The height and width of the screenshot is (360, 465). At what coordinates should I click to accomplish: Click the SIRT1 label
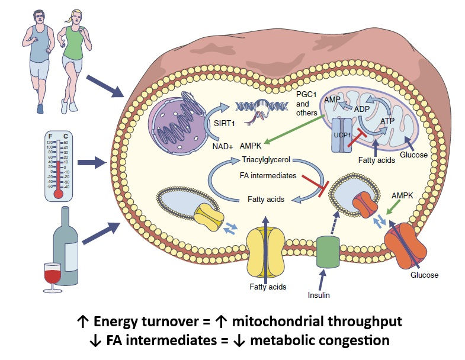[x=224, y=123]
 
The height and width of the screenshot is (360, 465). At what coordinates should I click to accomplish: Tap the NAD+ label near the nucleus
[x=223, y=146]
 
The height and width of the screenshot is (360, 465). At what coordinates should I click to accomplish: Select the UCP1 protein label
[x=342, y=135]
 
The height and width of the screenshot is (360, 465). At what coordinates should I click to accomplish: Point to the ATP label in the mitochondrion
[x=387, y=121]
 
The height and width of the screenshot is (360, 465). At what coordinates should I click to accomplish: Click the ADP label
[x=362, y=109]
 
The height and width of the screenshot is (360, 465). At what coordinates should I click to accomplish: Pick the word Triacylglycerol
[x=266, y=160]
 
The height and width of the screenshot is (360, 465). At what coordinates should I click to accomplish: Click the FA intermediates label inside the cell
[x=268, y=175]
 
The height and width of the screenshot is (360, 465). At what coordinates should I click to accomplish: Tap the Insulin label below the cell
[x=319, y=295]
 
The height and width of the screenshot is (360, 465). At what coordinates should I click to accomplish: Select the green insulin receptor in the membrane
[x=328, y=252]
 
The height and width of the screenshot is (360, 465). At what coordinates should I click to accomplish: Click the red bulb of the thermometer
[x=59, y=194]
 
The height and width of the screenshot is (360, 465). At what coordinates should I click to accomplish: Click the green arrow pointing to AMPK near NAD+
[x=294, y=130]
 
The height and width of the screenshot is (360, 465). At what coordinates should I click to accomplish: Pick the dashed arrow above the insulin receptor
[x=333, y=223]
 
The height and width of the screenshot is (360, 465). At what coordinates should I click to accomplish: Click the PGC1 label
[x=306, y=95]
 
